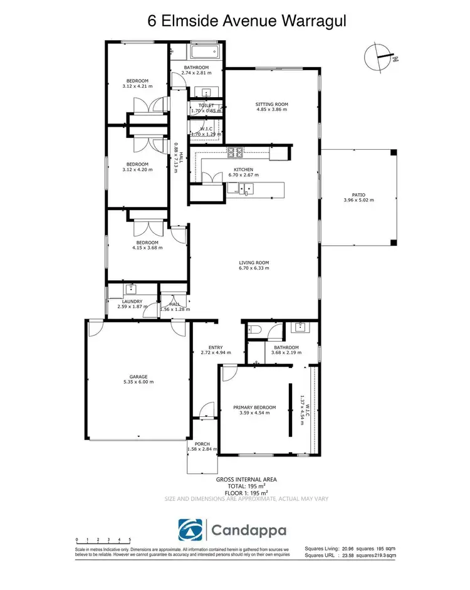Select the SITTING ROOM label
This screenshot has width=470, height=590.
pos(271,104)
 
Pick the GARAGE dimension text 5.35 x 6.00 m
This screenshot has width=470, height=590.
pos(138,382)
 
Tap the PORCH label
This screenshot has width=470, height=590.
pos(202,443)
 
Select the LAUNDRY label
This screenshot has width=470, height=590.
pos(132,302)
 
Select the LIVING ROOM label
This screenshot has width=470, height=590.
pos(253,263)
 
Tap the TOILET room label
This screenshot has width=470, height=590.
pos(206,105)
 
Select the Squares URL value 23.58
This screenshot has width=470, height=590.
pos(347,555)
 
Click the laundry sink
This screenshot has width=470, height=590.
pos(132,289)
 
